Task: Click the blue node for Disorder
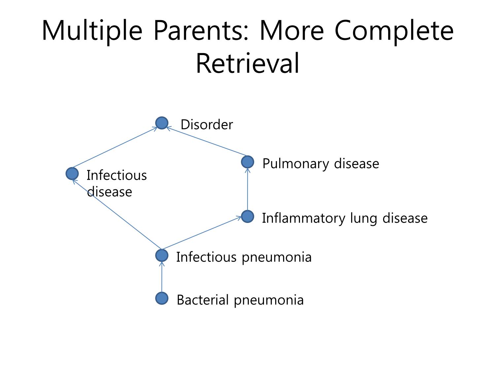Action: [162, 123]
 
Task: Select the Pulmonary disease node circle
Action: [247, 162]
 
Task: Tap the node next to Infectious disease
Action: [72, 174]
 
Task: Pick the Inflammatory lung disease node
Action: [247, 216]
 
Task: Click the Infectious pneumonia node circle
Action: [162, 256]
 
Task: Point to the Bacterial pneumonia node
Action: [162, 298]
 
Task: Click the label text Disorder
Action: [207, 124]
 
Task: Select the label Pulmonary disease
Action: [321, 164]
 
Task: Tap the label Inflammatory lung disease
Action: [345, 218]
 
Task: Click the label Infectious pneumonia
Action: [244, 257]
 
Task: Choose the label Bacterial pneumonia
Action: [240, 300]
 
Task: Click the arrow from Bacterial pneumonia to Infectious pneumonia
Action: [162, 277]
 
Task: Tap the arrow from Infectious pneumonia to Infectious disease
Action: [117, 214]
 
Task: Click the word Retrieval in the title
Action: [247, 63]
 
